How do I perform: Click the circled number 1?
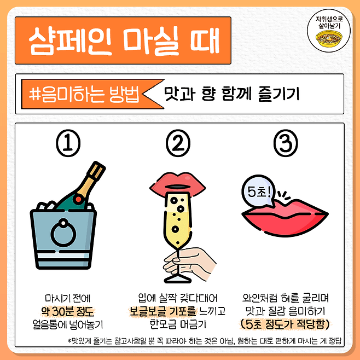tap(68, 143)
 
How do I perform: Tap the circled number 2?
tap(178, 143)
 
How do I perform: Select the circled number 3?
tap(286, 143)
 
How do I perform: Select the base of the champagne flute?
tap(177, 278)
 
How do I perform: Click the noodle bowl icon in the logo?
tap(329, 38)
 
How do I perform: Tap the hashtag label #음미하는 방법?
tap(84, 94)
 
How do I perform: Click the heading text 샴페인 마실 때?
tap(124, 40)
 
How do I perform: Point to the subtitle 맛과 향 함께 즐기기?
tap(231, 94)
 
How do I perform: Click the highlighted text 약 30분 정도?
tap(68, 311)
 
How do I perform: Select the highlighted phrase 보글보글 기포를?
tap(163, 311)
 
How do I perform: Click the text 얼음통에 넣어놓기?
tap(68, 324)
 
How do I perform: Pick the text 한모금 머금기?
tap(178, 324)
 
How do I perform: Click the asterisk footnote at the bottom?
tap(204, 341)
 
